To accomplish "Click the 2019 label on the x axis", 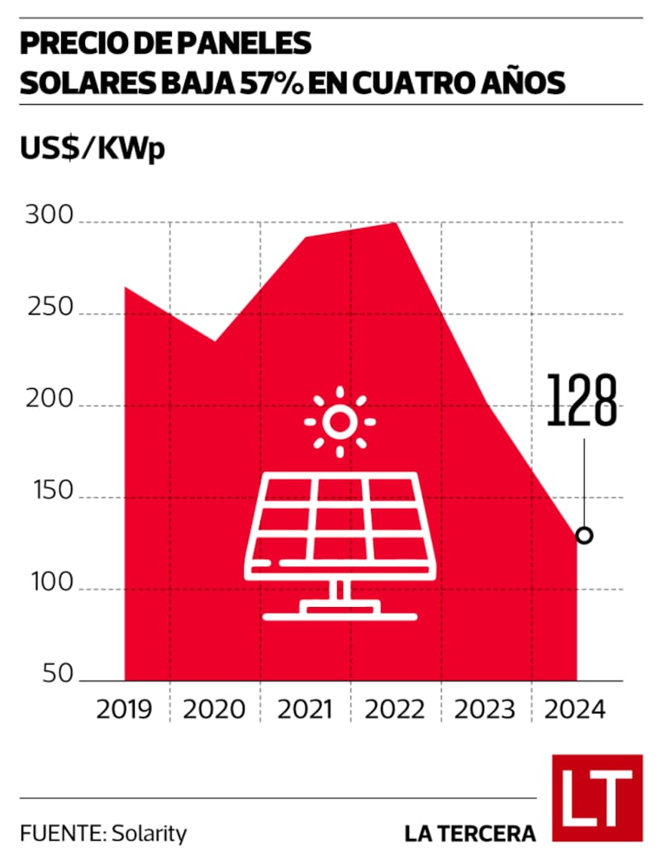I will pos(124,709).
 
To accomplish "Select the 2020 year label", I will pos(214,709).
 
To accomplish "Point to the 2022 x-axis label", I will pos(394,709).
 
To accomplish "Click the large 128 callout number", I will pos(583,402).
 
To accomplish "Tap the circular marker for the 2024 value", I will pos(584,535).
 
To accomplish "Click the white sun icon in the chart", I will pos(339,422).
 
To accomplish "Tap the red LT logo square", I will pos(597,797).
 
